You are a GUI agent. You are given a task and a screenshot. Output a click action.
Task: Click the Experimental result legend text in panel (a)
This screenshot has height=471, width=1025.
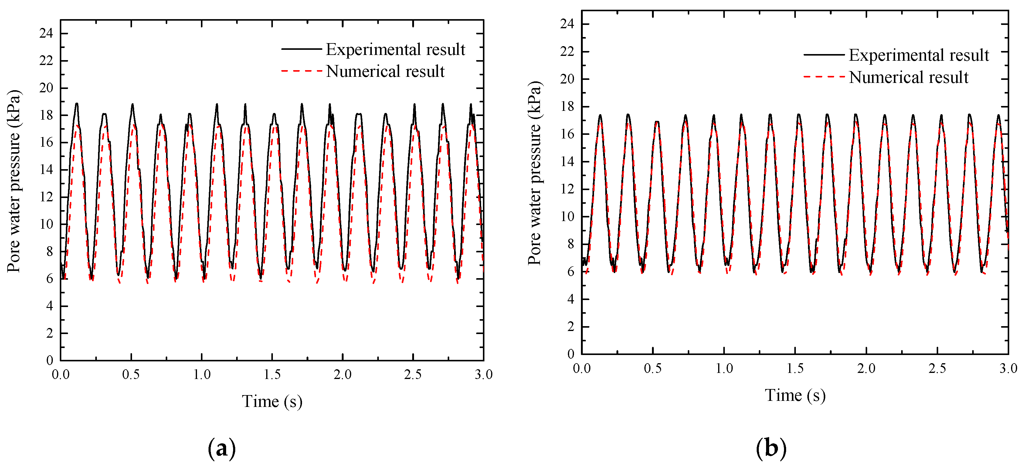pyautogui.click(x=395, y=50)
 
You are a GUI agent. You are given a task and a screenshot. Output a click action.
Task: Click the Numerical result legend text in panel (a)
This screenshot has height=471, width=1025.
pyautogui.click(x=385, y=72)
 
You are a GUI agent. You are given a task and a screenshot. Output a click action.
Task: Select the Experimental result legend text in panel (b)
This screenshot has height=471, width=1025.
pyautogui.click(x=918, y=55)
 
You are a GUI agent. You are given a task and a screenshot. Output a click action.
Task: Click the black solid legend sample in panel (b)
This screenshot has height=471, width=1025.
pyautogui.click(x=824, y=55)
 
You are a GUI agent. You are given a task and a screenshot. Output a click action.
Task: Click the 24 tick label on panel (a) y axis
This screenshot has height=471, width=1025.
pyautogui.click(x=46, y=33)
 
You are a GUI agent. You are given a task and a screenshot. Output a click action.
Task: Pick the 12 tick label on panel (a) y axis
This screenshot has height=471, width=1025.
pyautogui.click(x=46, y=197)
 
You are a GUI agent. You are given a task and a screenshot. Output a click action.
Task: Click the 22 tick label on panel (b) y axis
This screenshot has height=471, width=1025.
pyautogui.click(x=567, y=52)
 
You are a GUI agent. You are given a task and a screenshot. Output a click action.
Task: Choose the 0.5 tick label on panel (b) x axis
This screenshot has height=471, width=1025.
pyautogui.click(x=653, y=369)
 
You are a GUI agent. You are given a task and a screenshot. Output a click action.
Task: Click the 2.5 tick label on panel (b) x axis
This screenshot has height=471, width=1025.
pyautogui.click(x=937, y=369)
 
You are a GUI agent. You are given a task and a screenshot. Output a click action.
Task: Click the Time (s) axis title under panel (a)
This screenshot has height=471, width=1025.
pyautogui.click(x=272, y=401)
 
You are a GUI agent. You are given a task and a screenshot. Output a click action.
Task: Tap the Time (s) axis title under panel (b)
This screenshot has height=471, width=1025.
pyautogui.click(x=795, y=395)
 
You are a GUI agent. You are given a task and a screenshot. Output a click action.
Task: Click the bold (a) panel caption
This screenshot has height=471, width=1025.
pyautogui.click(x=222, y=449)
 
